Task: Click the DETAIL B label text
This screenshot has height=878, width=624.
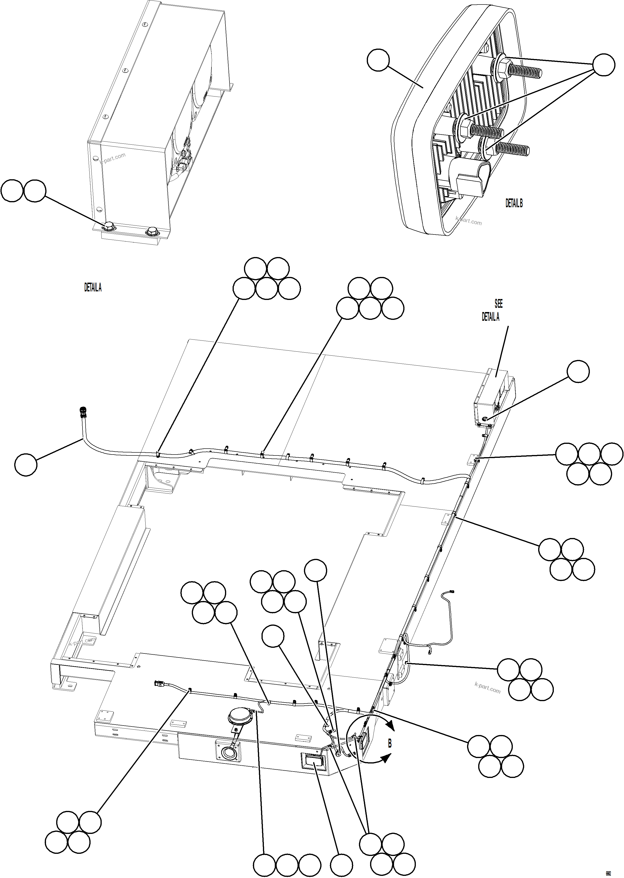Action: [514, 203]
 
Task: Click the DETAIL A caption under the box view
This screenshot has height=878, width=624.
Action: [93, 287]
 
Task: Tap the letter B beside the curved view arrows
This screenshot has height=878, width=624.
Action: [390, 744]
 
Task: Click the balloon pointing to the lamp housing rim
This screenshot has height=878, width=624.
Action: [378, 60]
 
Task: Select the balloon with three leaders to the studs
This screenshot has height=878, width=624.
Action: [604, 65]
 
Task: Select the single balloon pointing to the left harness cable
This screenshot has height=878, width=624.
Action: [26, 464]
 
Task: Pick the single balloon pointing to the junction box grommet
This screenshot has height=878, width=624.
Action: [578, 371]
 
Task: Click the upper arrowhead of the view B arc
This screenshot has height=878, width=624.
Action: [391, 726]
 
